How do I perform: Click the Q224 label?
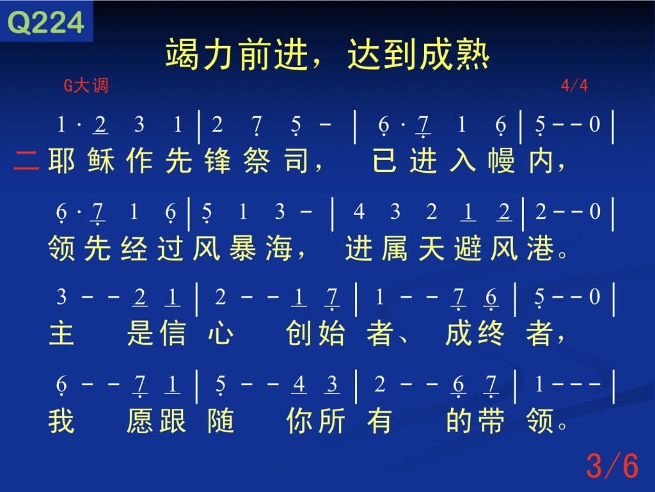[x=46, y=22]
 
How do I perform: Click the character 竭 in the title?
[x=182, y=54]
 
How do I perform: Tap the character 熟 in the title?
[x=473, y=54]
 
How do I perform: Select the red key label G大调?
[x=86, y=86]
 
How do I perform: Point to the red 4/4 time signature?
[x=574, y=86]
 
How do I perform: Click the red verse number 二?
[x=26, y=161]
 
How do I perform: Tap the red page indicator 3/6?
[x=612, y=465]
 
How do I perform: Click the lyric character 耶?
[x=62, y=161]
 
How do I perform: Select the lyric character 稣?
[x=100, y=161]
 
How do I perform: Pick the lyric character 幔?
[x=501, y=161]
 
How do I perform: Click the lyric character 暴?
[x=242, y=248]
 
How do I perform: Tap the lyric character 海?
[x=279, y=248]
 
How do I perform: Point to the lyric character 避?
[x=468, y=248]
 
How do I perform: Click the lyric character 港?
[x=541, y=248]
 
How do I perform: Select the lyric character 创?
[x=299, y=333]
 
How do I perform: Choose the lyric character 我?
[x=62, y=420]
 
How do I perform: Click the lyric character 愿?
[x=140, y=420]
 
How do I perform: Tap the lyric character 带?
[x=491, y=420]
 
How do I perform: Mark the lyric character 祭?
[x=256, y=161]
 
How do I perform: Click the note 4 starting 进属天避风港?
[x=359, y=212]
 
